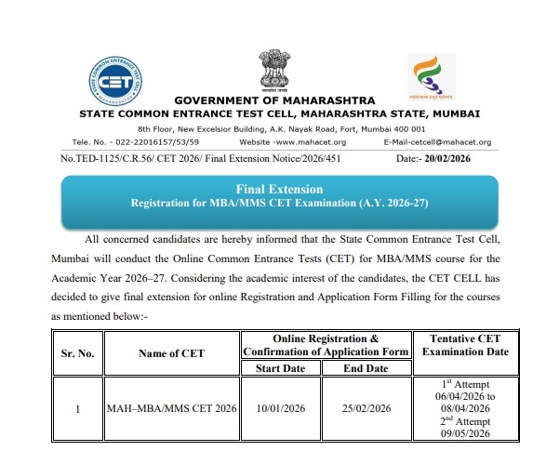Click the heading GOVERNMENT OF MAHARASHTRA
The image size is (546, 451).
[274, 100]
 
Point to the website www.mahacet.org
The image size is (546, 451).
[292, 141]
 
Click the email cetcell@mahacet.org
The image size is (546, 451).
[437, 141]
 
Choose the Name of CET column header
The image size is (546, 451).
[171, 352]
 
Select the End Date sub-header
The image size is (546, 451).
[366, 368]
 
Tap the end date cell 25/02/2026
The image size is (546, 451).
[366, 408]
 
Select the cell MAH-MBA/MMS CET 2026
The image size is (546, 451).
[171, 408]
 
